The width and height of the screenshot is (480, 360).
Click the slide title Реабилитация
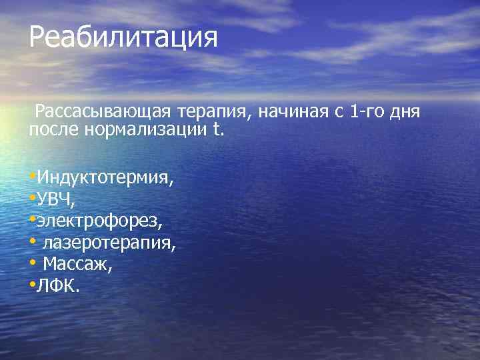[123, 38]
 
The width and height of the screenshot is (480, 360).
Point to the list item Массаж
[77, 265]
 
